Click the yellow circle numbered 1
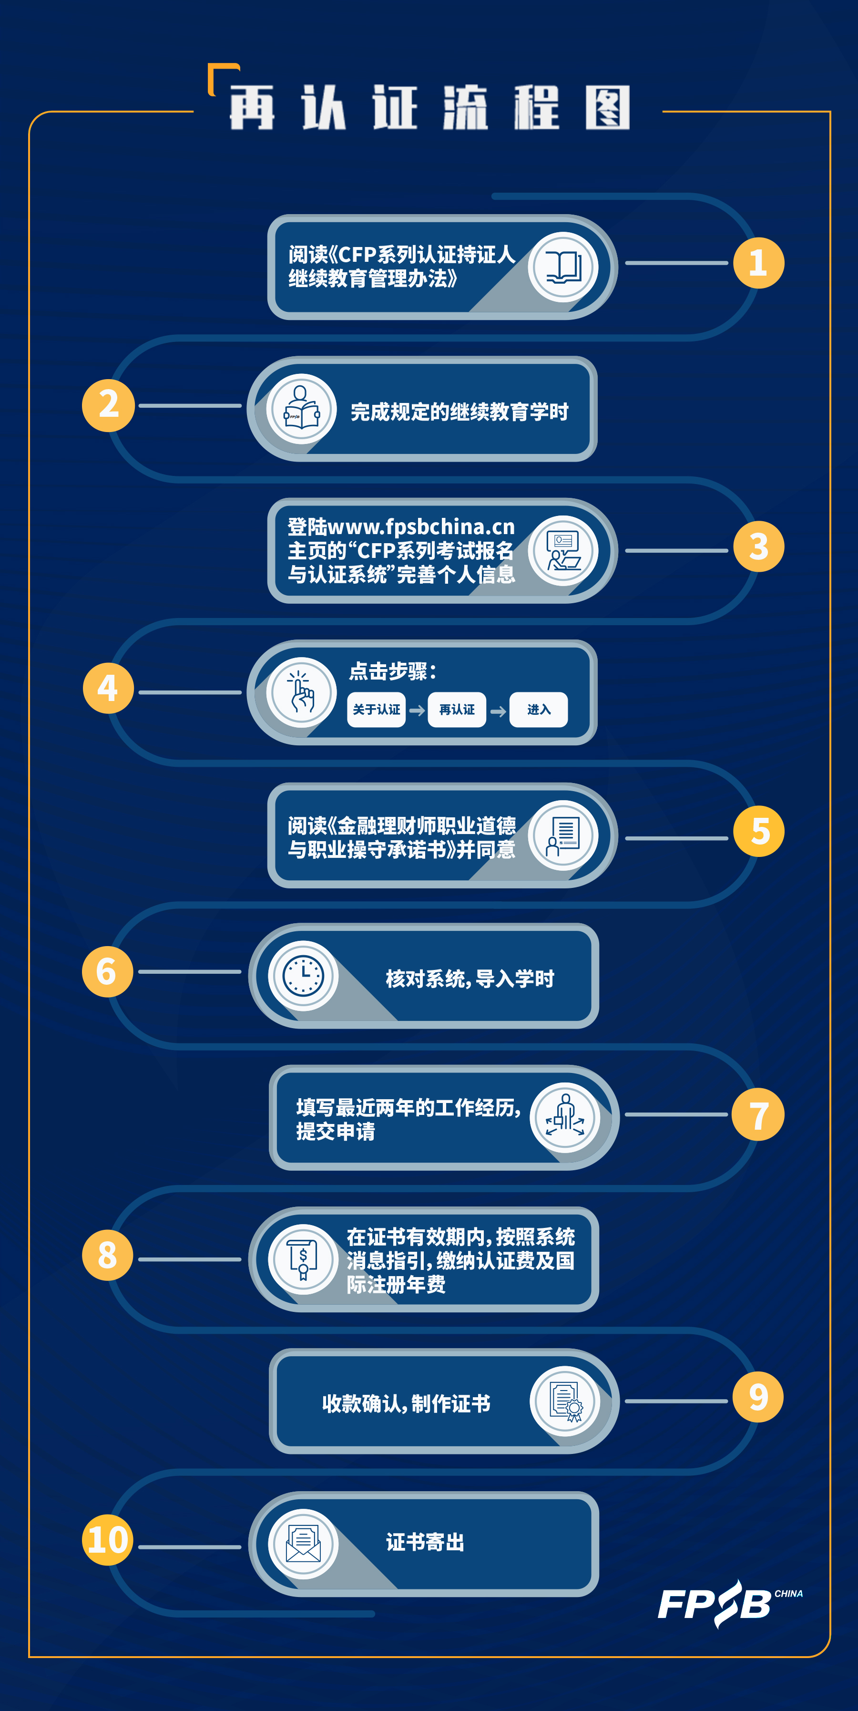pyautogui.click(x=758, y=263)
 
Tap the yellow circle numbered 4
pyautogui.click(x=108, y=688)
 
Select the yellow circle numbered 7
pyautogui.click(x=758, y=1114)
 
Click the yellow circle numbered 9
pyautogui.click(x=758, y=1397)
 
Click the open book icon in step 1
pyautogui.click(x=563, y=267)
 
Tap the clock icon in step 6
pyautogui.click(x=303, y=976)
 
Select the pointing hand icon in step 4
pyautogui.click(x=302, y=691)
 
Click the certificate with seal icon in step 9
pyautogui.click(x=566, y=1402)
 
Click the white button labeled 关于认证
pyautogui.click(x=377, y=710)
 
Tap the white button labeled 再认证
pyautogui.click(x=457, y=710)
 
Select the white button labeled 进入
pyautogui.click(x=539, y=710)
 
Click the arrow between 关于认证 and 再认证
pyautogui.click(x=417, y=711)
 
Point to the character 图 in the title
pyautogui.click(x=608, y=108)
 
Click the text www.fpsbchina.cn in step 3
pyautogui.click(x=421, y=527)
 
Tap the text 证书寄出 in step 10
pyautogui.click(x=425, y=1542)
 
